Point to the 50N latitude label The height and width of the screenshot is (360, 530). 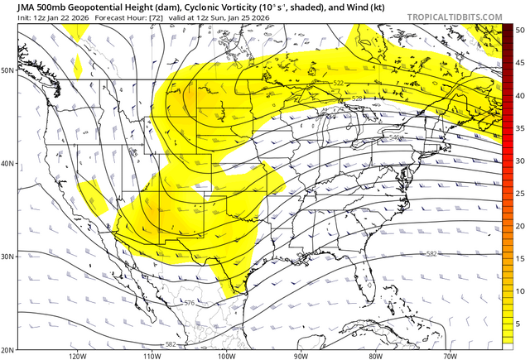[x=7, y=70]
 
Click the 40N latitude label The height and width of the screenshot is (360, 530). [x=7, y=163]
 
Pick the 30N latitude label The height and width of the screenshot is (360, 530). [x=7, y=257]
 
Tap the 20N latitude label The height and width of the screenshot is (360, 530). [x=7, y=349]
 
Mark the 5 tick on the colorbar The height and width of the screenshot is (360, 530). [x=518, y=324]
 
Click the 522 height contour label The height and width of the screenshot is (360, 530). [x=339, y=84]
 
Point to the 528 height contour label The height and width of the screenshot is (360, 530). [x=357, y=98]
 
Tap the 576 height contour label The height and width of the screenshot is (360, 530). [x=190, y=304]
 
